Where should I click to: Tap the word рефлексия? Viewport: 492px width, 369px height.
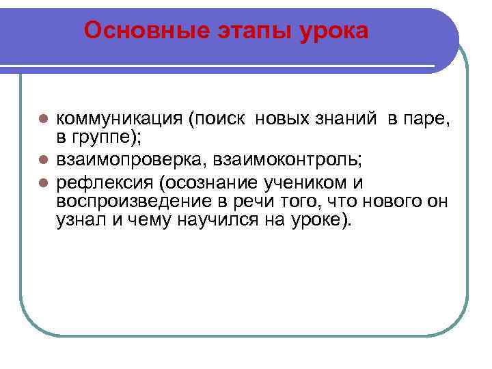point(100,183)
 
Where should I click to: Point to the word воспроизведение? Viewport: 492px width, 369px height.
point(126,202)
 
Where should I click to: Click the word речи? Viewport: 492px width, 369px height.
point(242,202)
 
